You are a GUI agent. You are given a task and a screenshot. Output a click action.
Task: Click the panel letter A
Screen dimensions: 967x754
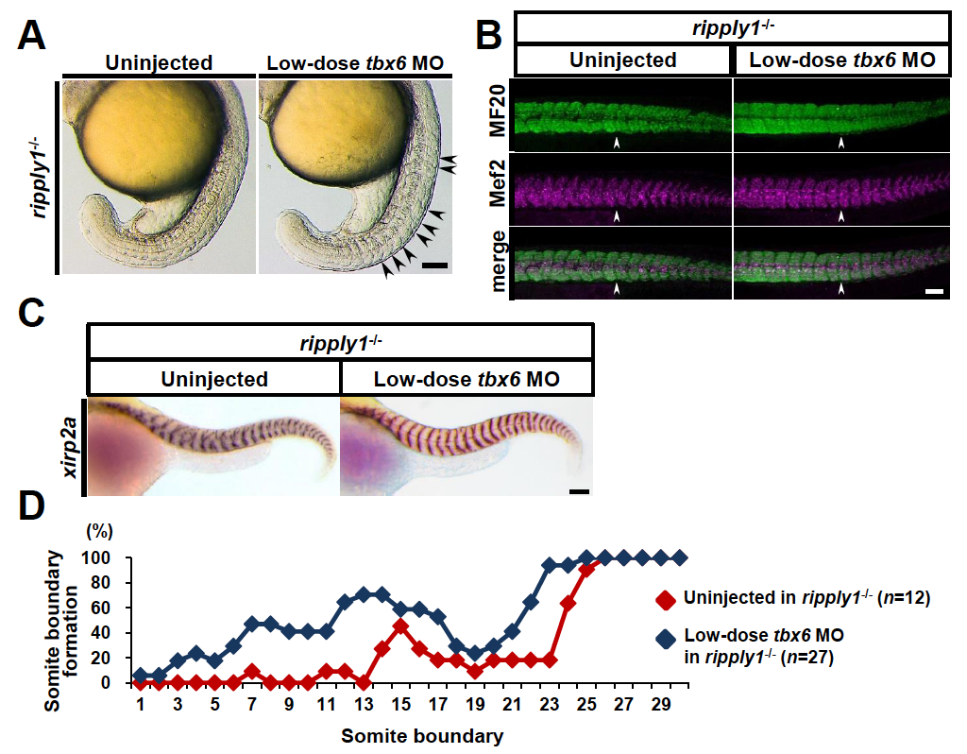31,35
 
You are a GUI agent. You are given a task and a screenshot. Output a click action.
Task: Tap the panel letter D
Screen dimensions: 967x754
31,506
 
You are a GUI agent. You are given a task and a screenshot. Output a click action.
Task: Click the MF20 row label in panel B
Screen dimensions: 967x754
497,111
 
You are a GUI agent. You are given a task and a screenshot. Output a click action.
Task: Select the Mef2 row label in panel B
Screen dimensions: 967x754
497,183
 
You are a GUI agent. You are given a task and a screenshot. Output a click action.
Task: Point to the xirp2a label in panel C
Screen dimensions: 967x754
70,447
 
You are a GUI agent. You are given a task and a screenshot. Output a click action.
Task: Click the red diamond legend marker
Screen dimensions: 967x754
666,599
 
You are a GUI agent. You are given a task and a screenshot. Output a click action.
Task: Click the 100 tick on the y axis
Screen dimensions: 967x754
96,558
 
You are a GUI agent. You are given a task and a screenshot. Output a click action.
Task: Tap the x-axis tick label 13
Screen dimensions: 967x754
364,704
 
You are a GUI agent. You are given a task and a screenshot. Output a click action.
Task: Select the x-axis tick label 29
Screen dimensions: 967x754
660,704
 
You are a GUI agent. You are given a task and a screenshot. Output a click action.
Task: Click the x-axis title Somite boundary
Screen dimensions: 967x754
422,735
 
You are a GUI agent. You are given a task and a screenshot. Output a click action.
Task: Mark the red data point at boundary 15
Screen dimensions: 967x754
400,625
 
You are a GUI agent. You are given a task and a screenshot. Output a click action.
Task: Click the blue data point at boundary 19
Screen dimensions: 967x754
475,654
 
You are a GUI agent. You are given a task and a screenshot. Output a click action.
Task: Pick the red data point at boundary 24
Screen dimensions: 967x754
568,603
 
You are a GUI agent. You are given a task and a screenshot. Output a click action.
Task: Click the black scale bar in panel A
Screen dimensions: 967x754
435,266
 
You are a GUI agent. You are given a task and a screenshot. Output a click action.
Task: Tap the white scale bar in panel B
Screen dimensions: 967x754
934,291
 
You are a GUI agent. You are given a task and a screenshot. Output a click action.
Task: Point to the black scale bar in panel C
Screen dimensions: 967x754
580,491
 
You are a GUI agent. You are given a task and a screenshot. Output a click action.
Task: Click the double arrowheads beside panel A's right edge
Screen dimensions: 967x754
450,163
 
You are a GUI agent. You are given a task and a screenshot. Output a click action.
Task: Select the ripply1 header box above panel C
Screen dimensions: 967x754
340,342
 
